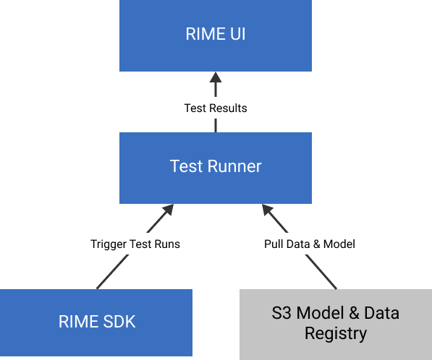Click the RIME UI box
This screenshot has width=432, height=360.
[x=216, y=35]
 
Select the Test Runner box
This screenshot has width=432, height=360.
[x=216, y=168]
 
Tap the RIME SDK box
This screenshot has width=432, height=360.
[x=96, y=322]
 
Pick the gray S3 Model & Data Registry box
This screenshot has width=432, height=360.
[x=336, y=325]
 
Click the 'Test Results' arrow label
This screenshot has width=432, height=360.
[x=216, y=108]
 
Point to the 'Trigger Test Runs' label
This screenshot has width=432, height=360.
[x=135, y=244]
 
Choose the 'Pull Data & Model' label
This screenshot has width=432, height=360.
[x=310, y=244]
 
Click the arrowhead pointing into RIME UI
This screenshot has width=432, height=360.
[x=216, y=77]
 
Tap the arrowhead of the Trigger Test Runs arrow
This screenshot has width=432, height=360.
[x=168, y=210]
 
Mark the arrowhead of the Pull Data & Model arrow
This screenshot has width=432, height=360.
[x=267, y=210]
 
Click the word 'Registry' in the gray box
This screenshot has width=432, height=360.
[x=336, y=333]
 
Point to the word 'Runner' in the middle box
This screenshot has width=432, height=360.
[x=234, y=166]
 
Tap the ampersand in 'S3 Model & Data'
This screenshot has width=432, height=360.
[x=354, y=313]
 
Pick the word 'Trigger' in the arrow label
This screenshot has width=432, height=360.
[x=109, y=244]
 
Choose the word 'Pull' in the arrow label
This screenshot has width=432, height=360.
[x=273, y=244]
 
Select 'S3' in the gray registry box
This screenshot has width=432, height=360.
[x=281, y=313]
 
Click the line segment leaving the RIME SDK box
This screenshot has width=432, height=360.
[x=112, y=272]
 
